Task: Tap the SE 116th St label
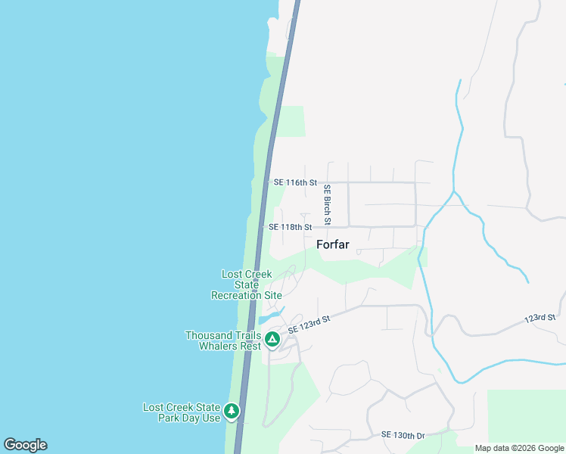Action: pyautogui.click(x=295, y=182)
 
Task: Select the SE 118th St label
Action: pyautogui.click(x=290, y=227)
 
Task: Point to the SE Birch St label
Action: pyautogui.click(x=328, y=205)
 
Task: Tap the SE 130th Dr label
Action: pyautogui.click(x=403, y=435)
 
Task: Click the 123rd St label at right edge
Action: pyautogui.click(x=540, y=320)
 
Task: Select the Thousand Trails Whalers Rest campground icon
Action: pyautogui.click(x=272, y=340)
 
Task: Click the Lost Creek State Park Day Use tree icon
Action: pyautogui.click(x=232, y=412)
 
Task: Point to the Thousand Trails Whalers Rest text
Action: pyautogui.click(x=223, y=340)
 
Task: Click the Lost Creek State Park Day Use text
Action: pyautogui.click(x=182, y=412)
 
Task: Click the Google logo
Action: pyautogui.click(x=25, y=445)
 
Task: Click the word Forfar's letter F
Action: pyautogui.click(x=320, y=244)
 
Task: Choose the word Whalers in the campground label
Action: pyautogui.click(x=219, y=346)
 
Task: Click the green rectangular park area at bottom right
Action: pyautogui.click(x=526, y=416)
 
